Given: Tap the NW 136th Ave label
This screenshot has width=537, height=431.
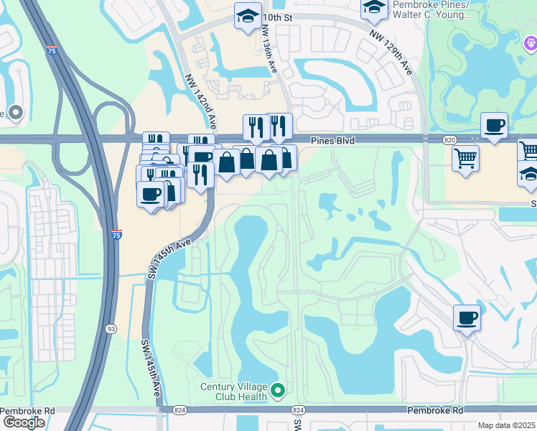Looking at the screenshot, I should [x=269, y=49].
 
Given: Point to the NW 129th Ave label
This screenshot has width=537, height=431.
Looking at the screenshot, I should [x=392, y=52].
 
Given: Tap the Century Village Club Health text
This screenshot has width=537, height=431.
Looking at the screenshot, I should [x=233, y=391].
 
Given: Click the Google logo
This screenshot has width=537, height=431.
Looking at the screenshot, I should [x=23, y=422].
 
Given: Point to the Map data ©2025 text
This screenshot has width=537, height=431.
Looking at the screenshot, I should [x=506, y=425].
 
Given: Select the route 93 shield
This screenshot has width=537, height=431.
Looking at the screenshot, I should [x=111, y=329].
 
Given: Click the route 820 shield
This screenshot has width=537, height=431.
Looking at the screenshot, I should [x=450, y=140].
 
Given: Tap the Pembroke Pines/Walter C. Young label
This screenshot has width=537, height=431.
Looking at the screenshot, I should [x=431, y=9].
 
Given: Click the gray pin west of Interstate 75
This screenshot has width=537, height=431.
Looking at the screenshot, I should [x=16, y=112].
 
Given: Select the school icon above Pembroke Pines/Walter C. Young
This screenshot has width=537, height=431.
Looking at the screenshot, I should [x=373, y=7].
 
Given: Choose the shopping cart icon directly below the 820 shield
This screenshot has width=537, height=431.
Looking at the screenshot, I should [x=466, y=156].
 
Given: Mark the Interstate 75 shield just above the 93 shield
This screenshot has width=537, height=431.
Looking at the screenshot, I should [x=116, y=233].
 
